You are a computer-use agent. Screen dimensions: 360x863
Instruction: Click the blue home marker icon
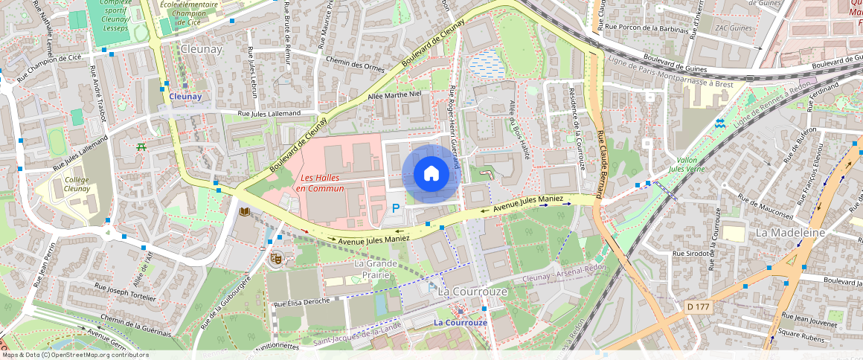click(x=431, y=174)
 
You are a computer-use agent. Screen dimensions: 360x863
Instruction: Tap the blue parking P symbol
click(x=396, y=210)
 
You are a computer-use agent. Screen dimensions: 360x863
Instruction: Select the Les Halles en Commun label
click(x=321, y=183)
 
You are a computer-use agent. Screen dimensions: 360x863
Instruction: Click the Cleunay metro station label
click(x=185, y=97)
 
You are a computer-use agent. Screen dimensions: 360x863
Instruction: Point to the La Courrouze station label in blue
click(x=461, y=322)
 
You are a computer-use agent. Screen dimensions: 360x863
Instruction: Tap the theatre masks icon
click(x=275, y=258)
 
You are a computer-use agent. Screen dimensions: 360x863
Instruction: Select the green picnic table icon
click(x=141, y=147)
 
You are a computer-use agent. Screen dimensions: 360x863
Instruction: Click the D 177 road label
click(x=697, y=306)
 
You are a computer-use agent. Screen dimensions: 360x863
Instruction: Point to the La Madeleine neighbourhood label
click(x=790, y=232)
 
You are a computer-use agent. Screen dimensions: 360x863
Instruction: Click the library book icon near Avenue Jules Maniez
click(x=245, y=213)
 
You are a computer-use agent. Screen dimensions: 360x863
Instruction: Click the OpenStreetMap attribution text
click(x=74, y=355)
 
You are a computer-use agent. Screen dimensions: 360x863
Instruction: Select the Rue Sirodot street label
click(x=693, y=254)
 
